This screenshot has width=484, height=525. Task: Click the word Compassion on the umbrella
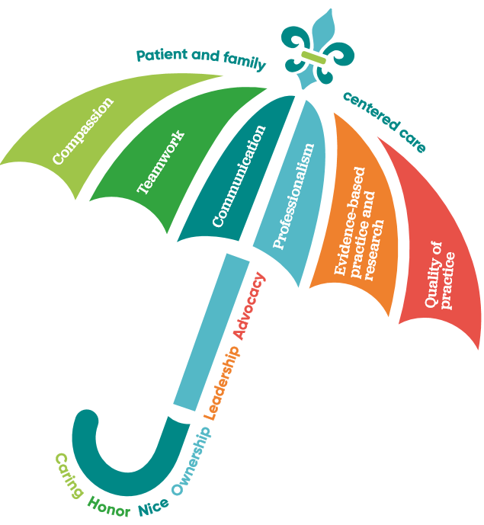[x=83, y=130]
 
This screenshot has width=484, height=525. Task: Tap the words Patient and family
[x=200, y=59]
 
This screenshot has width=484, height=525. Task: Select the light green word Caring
[x=69, y=476]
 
